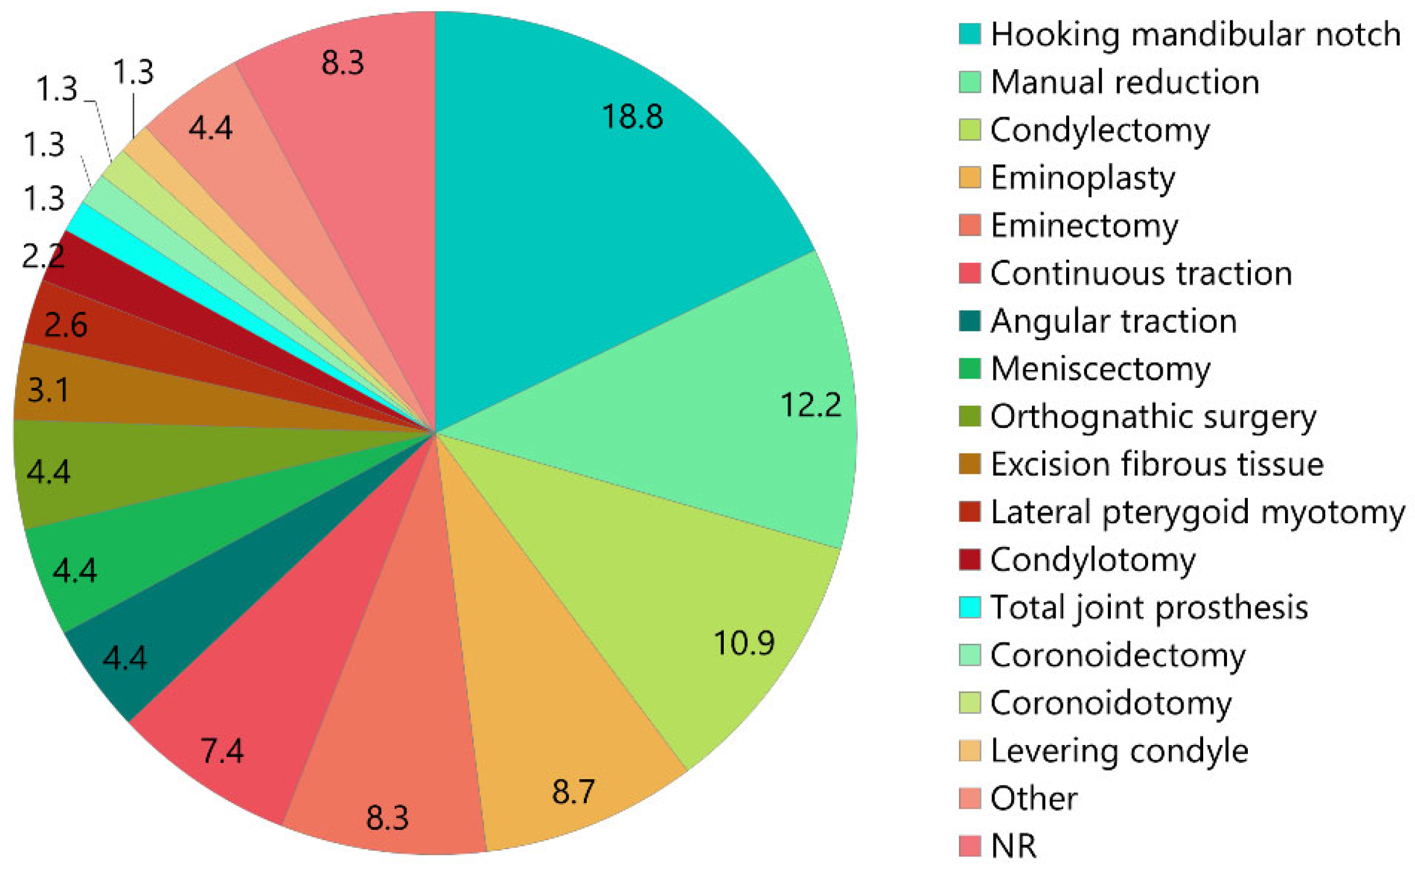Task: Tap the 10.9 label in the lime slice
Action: coord(743,643)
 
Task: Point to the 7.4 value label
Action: coord(222,750)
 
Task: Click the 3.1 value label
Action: coord(48,390)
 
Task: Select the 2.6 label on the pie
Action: coord(66,325)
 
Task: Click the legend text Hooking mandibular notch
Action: coord(1195,34)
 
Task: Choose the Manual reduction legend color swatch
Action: coord(970,82)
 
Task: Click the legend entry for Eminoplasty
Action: coord(1082,177)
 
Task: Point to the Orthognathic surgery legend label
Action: coord(1153,416)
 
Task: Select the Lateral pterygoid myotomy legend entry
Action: coord(1197,512)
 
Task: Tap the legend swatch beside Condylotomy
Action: coord(970,560)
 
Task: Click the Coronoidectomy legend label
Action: coord(1117,655)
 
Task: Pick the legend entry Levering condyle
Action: coord(1119,750)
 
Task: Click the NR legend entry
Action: coord(1013,846)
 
